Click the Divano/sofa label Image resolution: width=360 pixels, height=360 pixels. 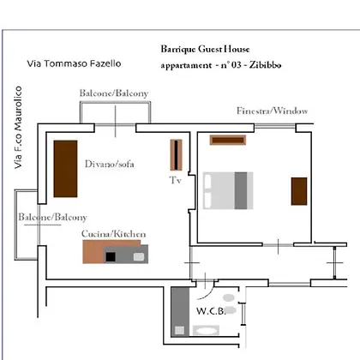110,164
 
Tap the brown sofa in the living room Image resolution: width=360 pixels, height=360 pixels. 65,169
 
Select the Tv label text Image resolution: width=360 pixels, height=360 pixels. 175,180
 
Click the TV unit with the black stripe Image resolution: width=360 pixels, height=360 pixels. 176,154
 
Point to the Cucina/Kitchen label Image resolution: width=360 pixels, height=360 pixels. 113,234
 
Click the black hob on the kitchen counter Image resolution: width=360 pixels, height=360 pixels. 111,257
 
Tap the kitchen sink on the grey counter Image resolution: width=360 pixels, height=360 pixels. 139,256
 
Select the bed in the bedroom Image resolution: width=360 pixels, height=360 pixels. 228,190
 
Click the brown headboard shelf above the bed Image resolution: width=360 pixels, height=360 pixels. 228,140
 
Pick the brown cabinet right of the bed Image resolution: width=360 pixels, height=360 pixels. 299,191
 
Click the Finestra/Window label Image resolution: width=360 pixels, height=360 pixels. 272,111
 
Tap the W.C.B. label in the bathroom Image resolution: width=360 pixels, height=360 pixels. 211,311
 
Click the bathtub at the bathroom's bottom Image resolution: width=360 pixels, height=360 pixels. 206,331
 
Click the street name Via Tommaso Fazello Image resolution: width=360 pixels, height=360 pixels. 74,63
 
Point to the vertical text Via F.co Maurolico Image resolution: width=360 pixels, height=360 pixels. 18,128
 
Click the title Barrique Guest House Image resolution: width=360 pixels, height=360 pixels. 205,49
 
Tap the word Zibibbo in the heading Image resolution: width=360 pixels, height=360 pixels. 265,65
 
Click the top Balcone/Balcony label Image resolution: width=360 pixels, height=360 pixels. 114,93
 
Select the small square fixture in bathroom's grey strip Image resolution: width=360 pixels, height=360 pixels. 180,331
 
